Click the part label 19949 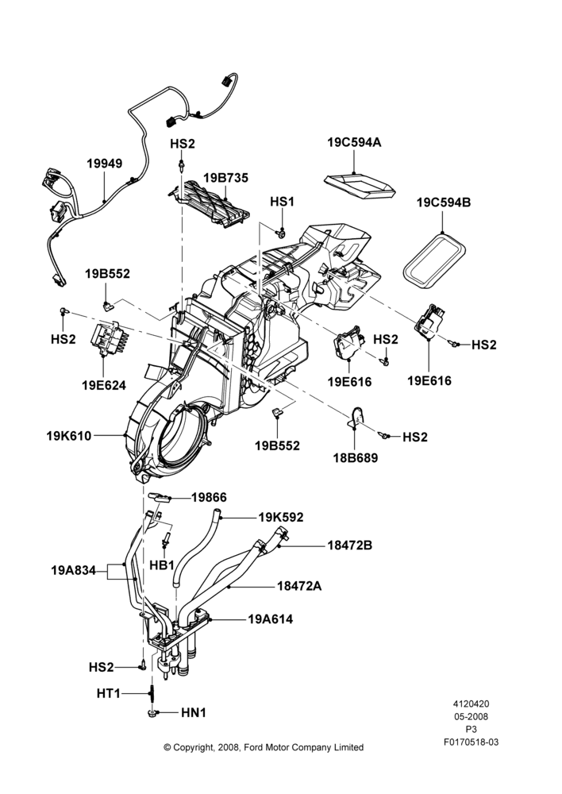pos(104,164)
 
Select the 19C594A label pos(354,142)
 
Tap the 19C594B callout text pos(444,202)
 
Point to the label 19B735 pos(225,178)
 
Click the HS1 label pos(282,202)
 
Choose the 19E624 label pos(104,385)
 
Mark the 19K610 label pos(69,435)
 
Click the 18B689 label pos(356,458)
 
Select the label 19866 pos(209,498)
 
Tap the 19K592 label pos(281,517)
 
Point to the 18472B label pos(350,545)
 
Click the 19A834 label pos(73,570)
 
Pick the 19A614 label pos(271,619)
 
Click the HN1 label pos(194,712)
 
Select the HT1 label pos(108,693)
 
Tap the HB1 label pos(162,565)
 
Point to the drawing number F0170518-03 pos(471,742)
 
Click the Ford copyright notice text pos(264,747)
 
